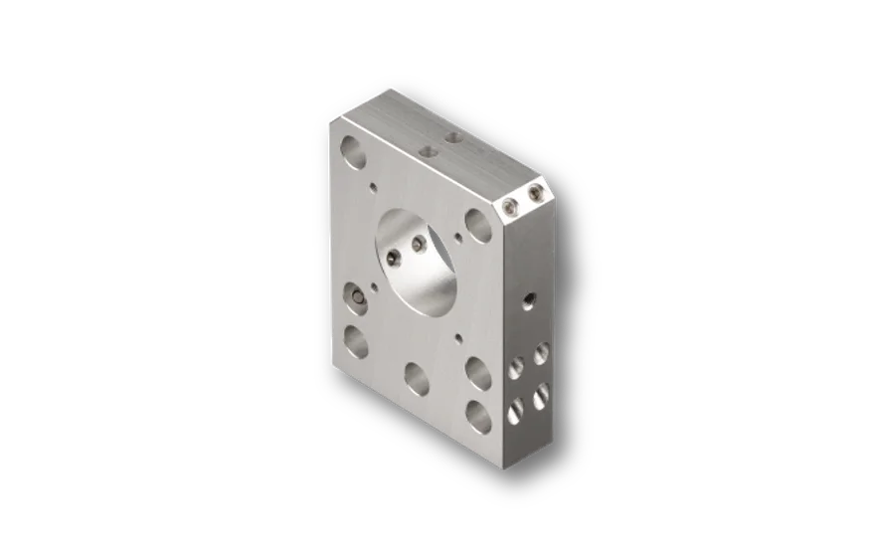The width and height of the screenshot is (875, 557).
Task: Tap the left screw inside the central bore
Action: click(395, 258)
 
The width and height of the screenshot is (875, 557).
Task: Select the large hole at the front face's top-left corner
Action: click(352, 151)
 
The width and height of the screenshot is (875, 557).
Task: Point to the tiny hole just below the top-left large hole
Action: click(373, 185)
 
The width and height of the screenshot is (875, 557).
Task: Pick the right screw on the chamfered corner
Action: click(536, 192)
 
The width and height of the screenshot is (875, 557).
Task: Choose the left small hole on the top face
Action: click(429, 152)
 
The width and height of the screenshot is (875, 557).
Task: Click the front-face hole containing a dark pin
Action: click(355, 296)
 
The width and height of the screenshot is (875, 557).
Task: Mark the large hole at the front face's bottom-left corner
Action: click(356, 341)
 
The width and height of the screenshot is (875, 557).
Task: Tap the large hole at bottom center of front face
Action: click(417, 378)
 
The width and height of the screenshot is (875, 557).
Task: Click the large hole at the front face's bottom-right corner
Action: click(479, 416)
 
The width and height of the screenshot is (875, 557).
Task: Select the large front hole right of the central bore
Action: click(479, 226)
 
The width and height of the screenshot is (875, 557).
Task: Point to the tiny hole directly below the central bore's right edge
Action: click(457, 338)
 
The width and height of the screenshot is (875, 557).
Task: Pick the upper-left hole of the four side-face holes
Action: click(516, 370)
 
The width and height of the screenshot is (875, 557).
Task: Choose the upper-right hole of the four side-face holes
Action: click(541, 353)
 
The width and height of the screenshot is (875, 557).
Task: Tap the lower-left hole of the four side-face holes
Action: click(516, 411)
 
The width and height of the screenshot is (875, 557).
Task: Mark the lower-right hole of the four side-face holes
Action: click(541, 395)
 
